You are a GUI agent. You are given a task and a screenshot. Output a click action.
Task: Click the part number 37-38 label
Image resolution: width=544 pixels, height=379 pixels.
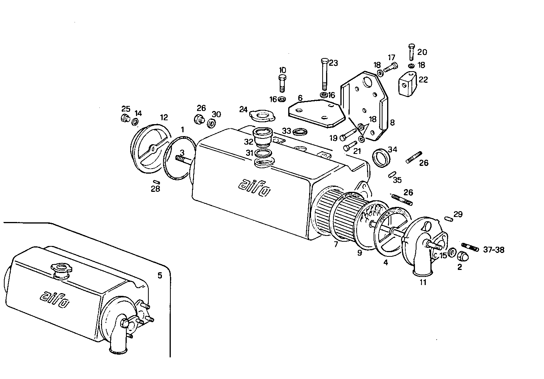(493, 250)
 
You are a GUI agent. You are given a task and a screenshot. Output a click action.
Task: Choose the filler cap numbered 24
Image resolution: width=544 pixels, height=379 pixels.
(262, 115)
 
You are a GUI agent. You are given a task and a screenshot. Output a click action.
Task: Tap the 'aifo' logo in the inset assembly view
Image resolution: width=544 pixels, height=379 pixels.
(55, 300)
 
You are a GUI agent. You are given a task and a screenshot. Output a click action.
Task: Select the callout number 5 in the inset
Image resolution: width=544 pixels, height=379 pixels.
(160, 275)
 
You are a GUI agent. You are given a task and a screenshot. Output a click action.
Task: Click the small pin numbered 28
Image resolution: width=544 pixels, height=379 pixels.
(156, 182)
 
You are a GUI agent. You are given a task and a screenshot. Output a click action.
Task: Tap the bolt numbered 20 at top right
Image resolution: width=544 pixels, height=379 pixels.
(411, 52)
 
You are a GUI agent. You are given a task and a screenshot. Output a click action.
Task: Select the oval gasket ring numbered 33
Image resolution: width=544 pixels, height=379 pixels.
(300, 132)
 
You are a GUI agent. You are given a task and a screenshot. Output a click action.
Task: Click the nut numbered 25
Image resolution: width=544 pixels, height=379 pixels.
(125, 118)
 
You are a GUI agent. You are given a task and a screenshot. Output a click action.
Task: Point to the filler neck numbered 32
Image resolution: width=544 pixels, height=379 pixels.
(263, 137)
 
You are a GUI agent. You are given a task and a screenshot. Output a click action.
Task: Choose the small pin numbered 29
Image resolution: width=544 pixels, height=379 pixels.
(448, 219)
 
